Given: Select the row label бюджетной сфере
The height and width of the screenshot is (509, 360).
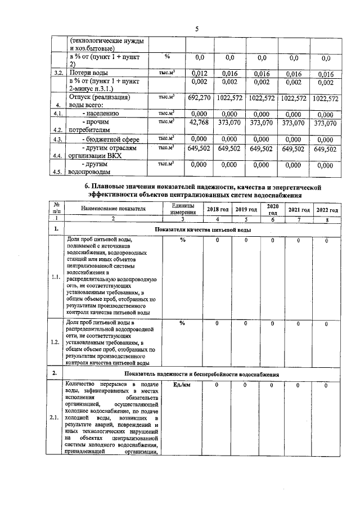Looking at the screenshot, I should tap(111, 139).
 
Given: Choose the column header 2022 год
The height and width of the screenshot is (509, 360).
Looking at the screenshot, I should tap(327, 209).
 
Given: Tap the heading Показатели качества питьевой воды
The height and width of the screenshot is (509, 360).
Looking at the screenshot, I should tap(202, 229).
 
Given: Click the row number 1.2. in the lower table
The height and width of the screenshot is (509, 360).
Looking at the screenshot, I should tap(56, 342).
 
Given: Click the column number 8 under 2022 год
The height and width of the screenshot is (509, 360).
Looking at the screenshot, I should tap(327, 218).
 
